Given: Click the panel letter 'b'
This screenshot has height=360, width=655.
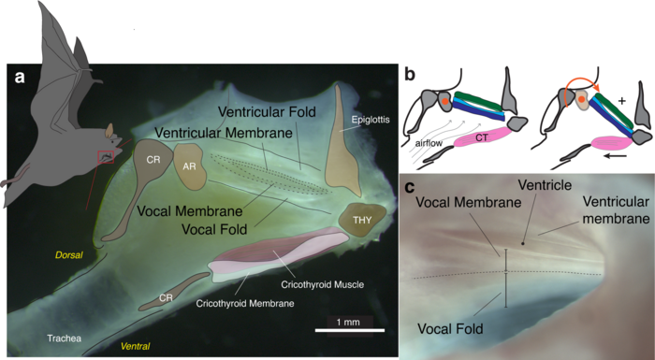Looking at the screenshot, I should [x=409, y=74].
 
